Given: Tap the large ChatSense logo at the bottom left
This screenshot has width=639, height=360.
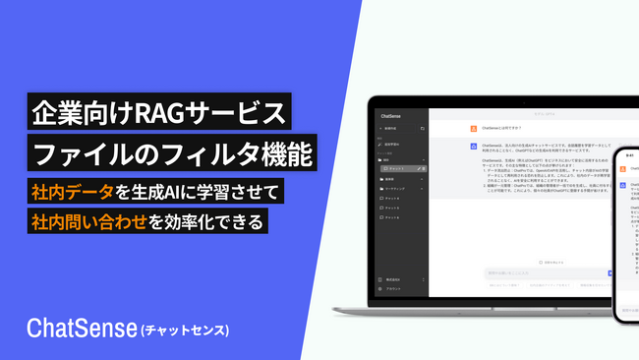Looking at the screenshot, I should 83,326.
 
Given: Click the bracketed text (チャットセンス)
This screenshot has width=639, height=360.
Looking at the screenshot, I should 186,328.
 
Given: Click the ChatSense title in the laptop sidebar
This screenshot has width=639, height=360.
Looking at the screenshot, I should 390,115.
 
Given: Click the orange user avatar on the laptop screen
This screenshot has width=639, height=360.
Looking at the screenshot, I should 473,129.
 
